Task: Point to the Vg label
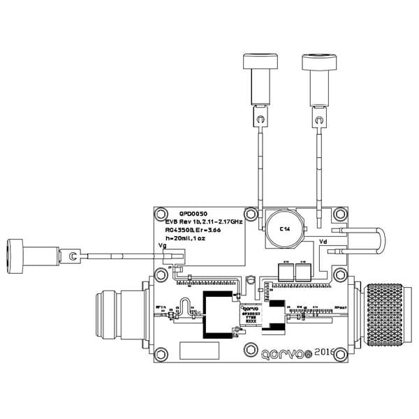pos(163,247)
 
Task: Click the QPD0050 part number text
pos(193,214)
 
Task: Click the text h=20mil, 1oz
pos(186,238)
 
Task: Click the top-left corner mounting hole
pos(162,214)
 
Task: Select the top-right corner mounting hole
pos(340,214)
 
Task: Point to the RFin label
pos(161,307)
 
